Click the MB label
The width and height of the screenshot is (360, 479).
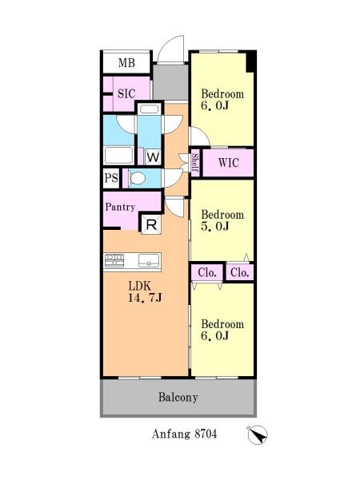126,62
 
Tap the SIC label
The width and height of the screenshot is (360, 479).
126,93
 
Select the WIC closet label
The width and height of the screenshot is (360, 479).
228,163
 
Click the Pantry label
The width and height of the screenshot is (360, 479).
120,207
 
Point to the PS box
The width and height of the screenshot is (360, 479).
111,178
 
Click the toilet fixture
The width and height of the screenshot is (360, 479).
136,178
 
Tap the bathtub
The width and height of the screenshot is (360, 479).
118,156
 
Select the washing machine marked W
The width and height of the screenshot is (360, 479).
153,157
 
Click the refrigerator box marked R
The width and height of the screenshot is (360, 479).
151,224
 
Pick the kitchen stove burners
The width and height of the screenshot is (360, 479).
114,260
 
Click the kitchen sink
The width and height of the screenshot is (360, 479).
149,260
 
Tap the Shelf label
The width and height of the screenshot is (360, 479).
195,163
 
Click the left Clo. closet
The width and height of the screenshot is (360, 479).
207,272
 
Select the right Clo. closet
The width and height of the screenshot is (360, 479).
240,272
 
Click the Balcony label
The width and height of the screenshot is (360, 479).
178,397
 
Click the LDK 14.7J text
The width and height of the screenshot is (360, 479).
145,291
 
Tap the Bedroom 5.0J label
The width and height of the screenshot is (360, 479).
222,220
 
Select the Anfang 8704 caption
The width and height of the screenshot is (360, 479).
184,433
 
